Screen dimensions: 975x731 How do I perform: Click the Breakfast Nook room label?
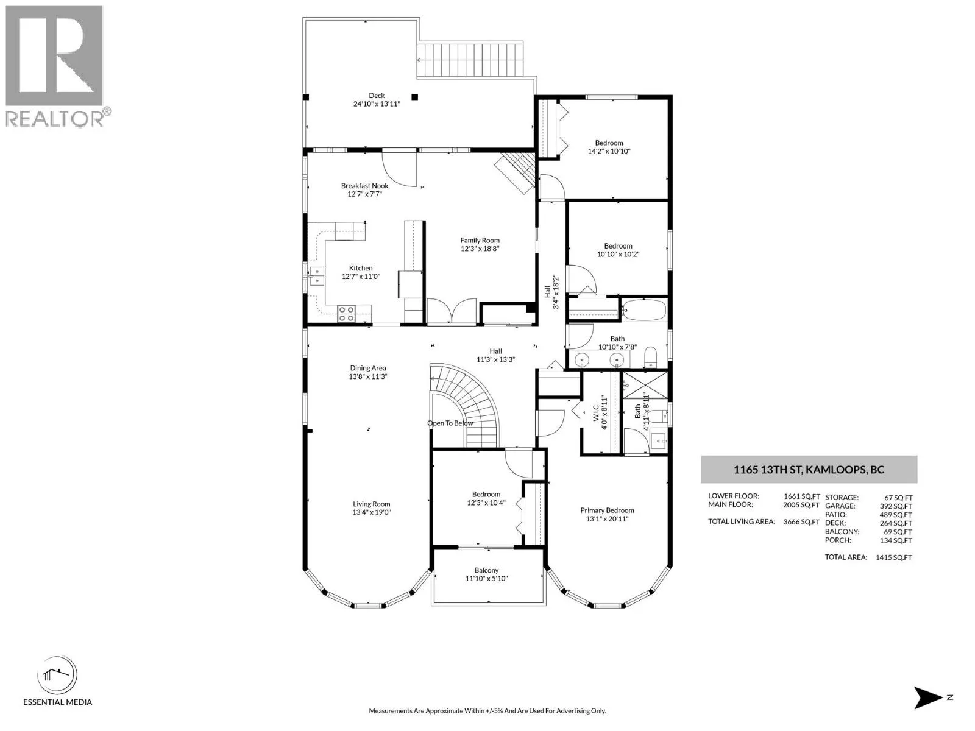point(364,186)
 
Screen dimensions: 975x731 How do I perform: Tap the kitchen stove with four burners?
point(346,314)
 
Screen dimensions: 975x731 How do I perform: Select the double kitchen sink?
point(316,275)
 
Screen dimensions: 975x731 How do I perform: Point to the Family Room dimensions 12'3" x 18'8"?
point(480,249)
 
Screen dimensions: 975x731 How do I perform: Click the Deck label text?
point(377,96)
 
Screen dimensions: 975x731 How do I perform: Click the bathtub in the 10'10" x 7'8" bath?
point(644,310)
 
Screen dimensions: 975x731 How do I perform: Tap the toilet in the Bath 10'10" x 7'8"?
point(651,358)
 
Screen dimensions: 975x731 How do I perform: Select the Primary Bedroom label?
point(607,510)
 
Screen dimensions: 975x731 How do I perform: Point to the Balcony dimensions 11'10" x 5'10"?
point(486,578)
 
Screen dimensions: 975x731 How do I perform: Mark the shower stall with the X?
point(645,384)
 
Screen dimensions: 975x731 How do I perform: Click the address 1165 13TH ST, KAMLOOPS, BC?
point(809,470)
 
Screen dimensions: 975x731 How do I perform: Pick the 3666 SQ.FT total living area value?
point(801,522)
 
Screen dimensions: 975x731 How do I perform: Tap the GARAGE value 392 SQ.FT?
point(896,506)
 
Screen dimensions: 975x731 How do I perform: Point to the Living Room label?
point(371,504)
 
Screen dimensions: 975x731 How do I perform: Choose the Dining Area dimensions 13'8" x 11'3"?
point(368,376)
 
